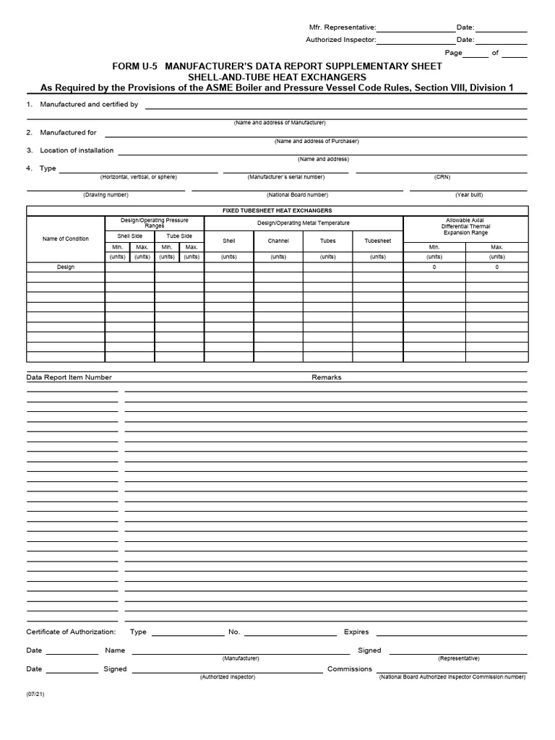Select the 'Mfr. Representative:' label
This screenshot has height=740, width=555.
point(343,27)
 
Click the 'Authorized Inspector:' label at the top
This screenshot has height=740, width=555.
point(341,40)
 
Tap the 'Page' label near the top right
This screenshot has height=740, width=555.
point(453,53)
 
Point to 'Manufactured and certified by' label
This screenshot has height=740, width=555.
point(89,105)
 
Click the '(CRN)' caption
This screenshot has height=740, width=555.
point(442,177)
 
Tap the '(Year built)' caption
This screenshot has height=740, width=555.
point(469,195)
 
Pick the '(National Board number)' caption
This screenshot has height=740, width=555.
point(297,195)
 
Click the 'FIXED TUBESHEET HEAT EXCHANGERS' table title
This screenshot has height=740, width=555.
point(277,210)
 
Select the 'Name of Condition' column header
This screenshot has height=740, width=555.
point(66,238)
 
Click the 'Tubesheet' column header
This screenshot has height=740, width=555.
point(377,240)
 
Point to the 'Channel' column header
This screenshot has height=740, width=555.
point(278,240)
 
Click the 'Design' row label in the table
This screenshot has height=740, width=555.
point(66,267)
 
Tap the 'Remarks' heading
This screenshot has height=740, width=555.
point(326,377)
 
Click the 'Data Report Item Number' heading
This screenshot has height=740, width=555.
point(69,377)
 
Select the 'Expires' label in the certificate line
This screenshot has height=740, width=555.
point(356,632)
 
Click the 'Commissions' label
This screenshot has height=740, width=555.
point(349,669)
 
